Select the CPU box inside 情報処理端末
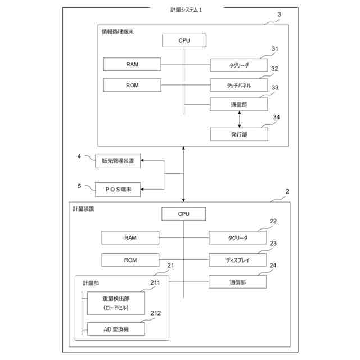click(184, 40)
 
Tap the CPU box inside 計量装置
click(184, 214)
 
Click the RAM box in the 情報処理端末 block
click(132, 64)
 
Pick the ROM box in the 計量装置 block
click(130, 260)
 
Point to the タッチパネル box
click(239, 85)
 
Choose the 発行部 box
click(239, 135)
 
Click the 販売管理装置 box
click(118, 161)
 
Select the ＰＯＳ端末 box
click(118, 189)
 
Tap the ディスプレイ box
click(237, 260)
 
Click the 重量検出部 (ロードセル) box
click(116, 304)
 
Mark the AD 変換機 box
click(116, 328)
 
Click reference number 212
click(156, 313)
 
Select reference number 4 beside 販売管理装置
click(79, 156)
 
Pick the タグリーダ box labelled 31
click(239, 65)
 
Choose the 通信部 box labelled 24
click(237, 281)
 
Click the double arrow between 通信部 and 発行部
click(240, 119)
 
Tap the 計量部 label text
click(91, 282)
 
